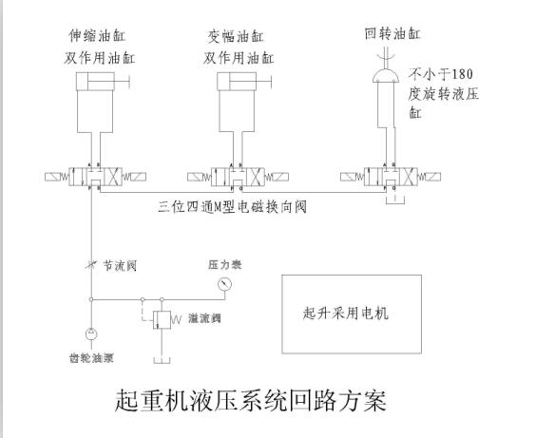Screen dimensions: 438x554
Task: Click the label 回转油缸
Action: tap(392, 34)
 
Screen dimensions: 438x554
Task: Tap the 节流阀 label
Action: tap(120, 267)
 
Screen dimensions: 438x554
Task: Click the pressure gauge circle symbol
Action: tap(223, 283)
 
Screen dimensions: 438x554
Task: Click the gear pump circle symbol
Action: tap(91, 334)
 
